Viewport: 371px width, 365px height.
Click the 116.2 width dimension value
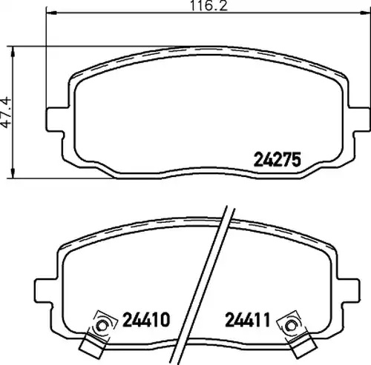209,5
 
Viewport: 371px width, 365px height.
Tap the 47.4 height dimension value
6,113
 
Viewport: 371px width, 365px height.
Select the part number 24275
278,159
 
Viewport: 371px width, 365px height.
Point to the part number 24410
146,319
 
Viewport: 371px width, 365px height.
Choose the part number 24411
247,319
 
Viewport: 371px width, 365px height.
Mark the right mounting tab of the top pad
361,119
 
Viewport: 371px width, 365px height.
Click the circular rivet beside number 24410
102,326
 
